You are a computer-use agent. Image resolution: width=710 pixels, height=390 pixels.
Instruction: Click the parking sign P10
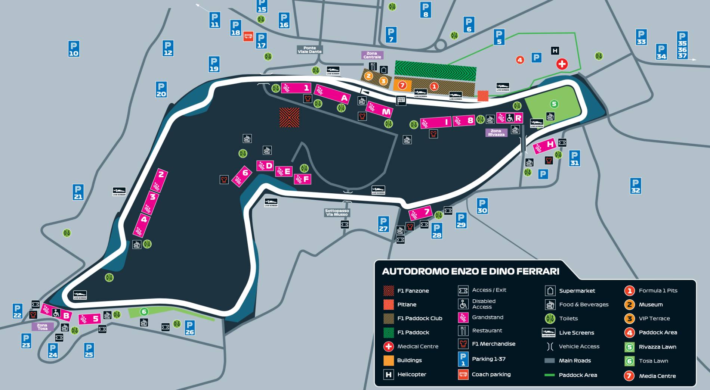pos(74,49)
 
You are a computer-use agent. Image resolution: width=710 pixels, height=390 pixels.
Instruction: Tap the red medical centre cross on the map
pos(562,64)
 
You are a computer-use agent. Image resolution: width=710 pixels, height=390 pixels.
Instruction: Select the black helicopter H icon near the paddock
pos(555,51)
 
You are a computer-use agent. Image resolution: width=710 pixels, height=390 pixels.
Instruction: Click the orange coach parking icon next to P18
pos(248,36)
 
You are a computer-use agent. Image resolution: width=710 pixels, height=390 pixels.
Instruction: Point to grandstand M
pos(379,110)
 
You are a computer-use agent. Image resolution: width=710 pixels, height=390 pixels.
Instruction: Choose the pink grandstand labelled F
pos(302,179)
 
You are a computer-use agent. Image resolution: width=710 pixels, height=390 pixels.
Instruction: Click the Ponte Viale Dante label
pos(309,50)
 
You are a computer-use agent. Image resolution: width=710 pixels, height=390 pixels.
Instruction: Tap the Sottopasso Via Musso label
pos(337,213)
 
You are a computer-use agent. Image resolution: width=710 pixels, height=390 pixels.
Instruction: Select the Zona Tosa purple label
pos(42,327)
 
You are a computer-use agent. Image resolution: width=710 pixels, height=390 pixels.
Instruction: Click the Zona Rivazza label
pos(496,132)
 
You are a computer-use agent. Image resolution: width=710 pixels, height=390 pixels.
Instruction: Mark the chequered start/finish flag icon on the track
pos(401,100)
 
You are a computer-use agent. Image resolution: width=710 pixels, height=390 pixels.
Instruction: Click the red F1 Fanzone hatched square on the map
pos(289,118)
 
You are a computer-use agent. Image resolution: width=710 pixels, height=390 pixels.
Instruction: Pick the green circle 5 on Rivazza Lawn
pos(554,104)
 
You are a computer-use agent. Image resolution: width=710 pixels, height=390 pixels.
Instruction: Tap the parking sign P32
pos(635,185)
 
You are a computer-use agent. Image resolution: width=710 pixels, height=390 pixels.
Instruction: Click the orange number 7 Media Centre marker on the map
pos(402,85)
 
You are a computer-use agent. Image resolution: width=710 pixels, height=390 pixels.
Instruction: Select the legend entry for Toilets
pos(568,318)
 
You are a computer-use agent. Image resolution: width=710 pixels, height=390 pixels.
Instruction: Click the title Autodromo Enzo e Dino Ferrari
pos(470,271)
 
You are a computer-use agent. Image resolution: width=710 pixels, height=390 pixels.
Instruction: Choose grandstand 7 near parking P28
pos(420,213)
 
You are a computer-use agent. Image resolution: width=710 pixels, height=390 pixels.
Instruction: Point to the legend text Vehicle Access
pos(579,346)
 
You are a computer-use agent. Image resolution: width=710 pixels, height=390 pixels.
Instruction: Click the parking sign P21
pos(78,192)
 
